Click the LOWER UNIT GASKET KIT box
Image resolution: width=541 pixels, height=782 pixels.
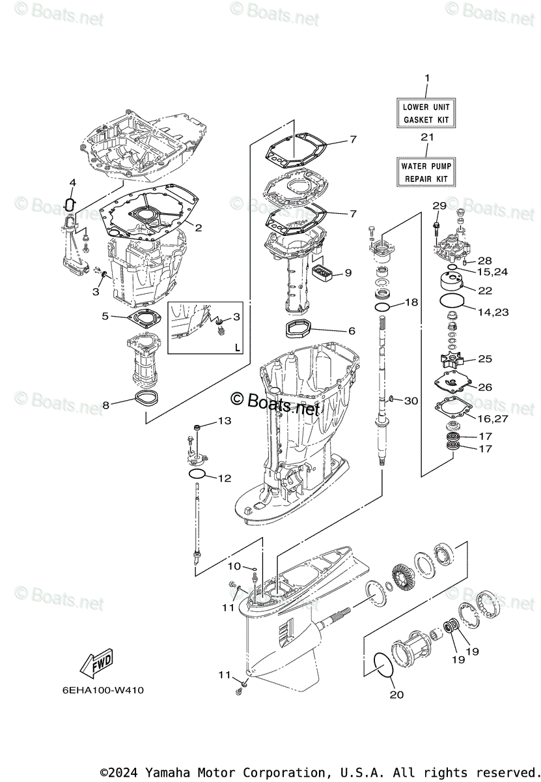(426, 113)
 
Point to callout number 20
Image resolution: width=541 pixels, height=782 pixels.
(396, 694)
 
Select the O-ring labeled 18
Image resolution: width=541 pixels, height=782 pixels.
(383, 306)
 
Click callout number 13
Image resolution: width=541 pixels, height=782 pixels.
(224, 421)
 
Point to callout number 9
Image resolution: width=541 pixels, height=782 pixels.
(348, 272)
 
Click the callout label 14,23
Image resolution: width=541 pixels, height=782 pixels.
(492, 312)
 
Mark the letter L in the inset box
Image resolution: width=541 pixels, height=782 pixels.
(237, 347)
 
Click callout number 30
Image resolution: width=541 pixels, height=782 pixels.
(411, 401)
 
